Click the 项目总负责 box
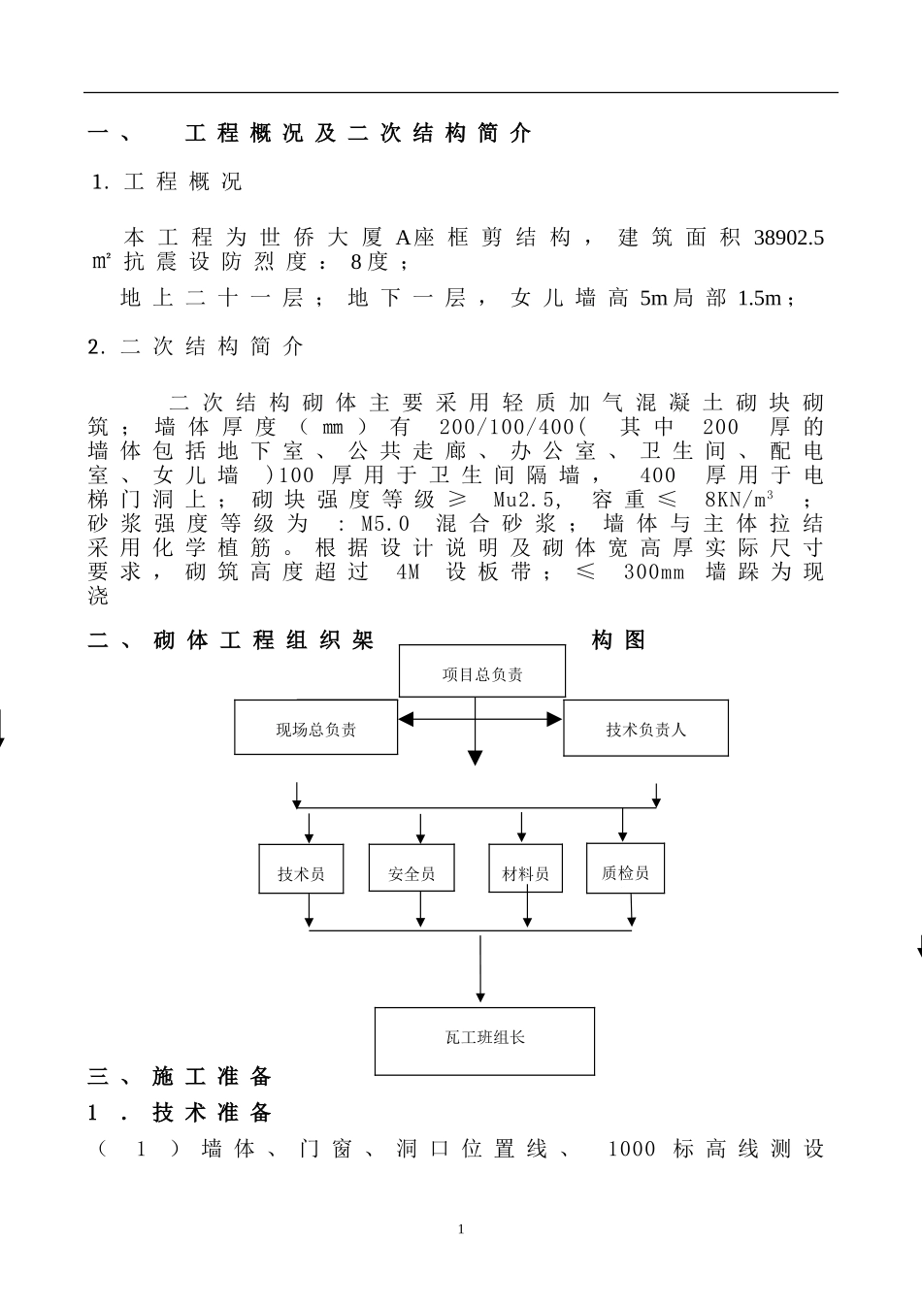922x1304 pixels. point(482,674)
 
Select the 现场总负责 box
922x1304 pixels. point(315,729)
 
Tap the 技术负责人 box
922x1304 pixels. point(645,729)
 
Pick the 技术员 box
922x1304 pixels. point(300,868)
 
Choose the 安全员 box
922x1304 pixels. point(412,868)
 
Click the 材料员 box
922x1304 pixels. point(525,868)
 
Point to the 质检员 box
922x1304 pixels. point(625,868)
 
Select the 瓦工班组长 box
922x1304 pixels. point(484,1041)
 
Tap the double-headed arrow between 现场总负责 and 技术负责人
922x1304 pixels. point(480,719)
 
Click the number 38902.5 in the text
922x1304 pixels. point(789,238)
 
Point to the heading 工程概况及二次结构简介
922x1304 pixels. point(358,134)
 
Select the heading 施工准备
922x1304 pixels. point(212,1077)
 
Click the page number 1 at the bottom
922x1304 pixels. point(461,1229)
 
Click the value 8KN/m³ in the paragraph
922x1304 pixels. point(739,500)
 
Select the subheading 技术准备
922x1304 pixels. point(212,1113)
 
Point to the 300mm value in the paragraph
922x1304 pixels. point(654,572)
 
